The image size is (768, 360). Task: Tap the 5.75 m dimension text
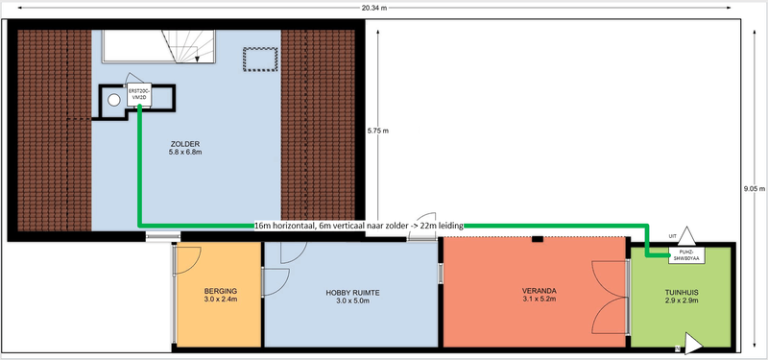pyautogui.click(x=378, y=131)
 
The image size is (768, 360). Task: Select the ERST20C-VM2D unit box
pyautogui.click(x=139, y=95)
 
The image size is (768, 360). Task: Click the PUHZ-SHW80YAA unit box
pyautogui.click(x=686, y=254)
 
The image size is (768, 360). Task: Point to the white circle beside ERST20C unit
pyautogui.click(x=114, y=100)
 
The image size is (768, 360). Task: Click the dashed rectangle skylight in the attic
pyautogui.click(x=260, y=60)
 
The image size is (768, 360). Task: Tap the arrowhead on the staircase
pyautogui.click(x=197, y=59)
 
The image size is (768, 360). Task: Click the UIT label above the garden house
pyautogui.click(x=673, y=236)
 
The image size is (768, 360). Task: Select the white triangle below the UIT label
pyautogui.click(x=686, y=235)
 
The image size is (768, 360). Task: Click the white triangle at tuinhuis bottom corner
pyautogui.click(x=692, y=344)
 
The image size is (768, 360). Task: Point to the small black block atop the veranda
pyautogui.click(x=538, y=239)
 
